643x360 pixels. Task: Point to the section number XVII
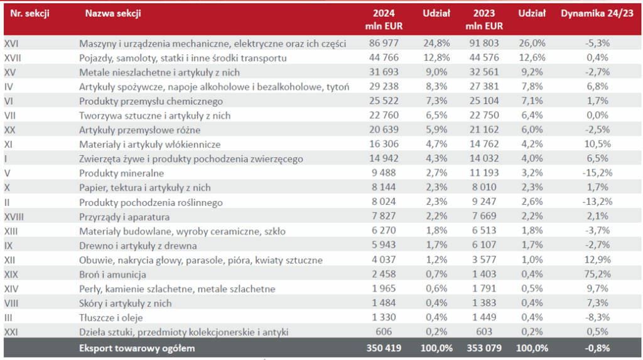tap(13, 58)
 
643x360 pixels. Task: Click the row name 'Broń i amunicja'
tap(113, 275)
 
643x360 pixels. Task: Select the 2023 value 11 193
tap(487, 173)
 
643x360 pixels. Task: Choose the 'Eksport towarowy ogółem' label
tap(137, 347)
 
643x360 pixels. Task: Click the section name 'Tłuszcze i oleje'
tap(114, 318)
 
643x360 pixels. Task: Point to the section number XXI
tap(11, 332)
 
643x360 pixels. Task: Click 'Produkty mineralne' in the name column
tap(122, 173)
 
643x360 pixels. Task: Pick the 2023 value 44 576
tap(487, 58)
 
